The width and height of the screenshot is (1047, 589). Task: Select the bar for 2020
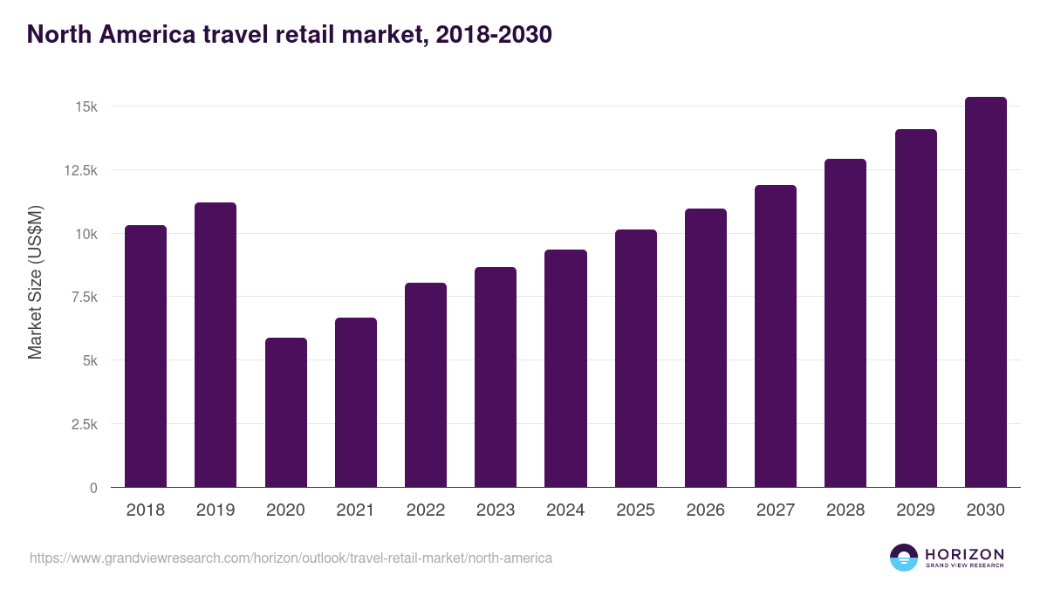tap(285, 412)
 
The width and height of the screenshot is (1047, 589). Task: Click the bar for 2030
tap(985, 292)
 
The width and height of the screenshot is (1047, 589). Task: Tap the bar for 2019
tap(216, 345)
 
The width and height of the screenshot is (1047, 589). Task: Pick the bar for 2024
tap(565, 368)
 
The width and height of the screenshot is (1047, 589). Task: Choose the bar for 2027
tap(776, 336)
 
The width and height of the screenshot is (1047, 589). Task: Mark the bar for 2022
tap(426, 385)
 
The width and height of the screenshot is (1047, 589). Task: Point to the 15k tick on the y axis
tap(86, 106)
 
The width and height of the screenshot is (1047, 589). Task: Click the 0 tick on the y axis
tap(93, 488)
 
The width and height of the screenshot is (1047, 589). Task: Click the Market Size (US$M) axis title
tap(35, 282)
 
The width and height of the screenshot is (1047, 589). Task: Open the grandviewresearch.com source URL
tap(291, 558)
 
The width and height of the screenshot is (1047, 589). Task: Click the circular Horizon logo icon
tap(904, 558)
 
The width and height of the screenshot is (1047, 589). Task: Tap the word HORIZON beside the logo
tap(964, 553)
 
